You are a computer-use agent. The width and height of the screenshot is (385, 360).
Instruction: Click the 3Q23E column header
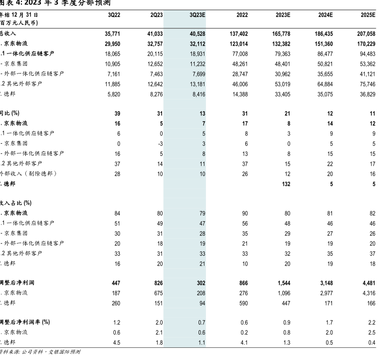pyautogui.click(x=198, y=15)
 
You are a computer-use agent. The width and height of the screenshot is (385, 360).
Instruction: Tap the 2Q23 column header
pyautogui.click(x=156, y=15)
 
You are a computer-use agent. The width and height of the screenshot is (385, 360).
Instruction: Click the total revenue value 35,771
pyautogui.click(x=112, y=34)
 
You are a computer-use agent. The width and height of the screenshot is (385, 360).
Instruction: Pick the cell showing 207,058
pyautogui.click(x=366, y=34)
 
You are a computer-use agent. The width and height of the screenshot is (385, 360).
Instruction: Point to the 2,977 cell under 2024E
pyautogui.click(x=325, y=293)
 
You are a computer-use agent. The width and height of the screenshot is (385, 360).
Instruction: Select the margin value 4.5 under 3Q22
pyautogui.click(x=116, y=342)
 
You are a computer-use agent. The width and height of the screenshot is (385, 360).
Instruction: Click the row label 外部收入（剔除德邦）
pyautogui.click(x=28, y=173)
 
